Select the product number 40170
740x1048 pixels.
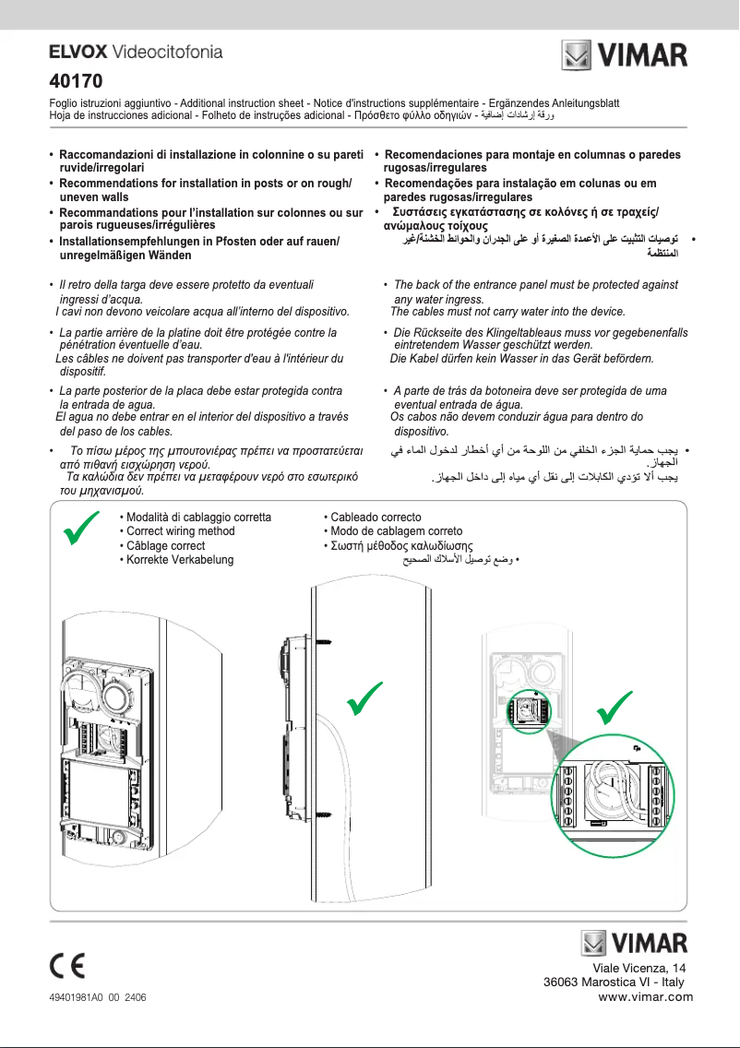pyautogui.click(x=75, y=80)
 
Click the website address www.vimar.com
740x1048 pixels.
pyautogui.click(x=645, y=996)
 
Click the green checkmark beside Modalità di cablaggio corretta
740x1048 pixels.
pyautogui.click(x=79, y=533)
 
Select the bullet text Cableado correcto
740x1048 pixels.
pyautogui.click(x=373, y=518)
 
